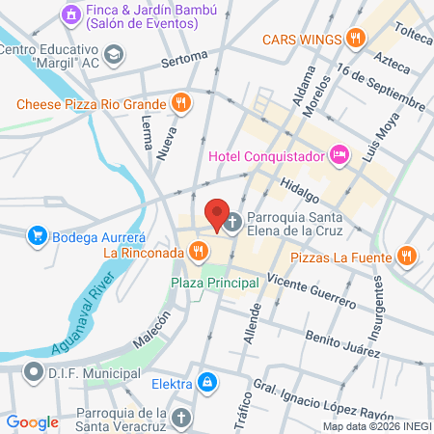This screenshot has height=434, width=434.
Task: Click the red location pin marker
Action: [218, 213]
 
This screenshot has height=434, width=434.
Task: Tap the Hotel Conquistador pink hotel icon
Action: [339, 153]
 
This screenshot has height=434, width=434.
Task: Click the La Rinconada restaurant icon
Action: [198, 252]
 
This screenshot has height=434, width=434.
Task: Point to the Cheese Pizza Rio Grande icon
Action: [180, 102]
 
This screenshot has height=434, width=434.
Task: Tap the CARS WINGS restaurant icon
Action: [356, 39]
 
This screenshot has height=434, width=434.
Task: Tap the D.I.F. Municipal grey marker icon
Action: [33, 371]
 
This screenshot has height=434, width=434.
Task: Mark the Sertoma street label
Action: [185, 61]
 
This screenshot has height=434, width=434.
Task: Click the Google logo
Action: [32, 421]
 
